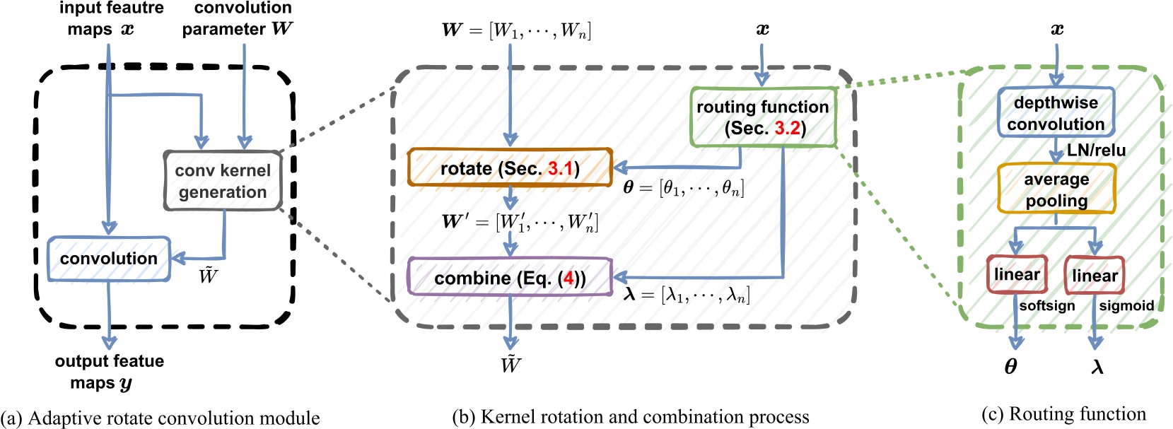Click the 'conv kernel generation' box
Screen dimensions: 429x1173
[x=223, y=181]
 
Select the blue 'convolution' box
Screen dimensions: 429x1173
[x=109, y=259]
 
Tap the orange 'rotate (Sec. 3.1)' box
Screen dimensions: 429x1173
[x=510, y=168]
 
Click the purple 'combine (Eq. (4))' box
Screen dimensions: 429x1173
[x=510, y=278]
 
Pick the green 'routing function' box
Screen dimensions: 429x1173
[x=763, y=117]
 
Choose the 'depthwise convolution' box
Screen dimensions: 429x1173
[x=1056, y=113]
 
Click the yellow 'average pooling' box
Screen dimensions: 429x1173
[x=1056, y=189]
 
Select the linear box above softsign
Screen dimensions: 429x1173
[x=1017, y=275]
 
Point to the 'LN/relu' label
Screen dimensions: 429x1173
[x=1096, y=151]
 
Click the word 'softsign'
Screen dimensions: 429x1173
[x=1047, y=306]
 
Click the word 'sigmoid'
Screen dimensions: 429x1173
[x=1126, y=306]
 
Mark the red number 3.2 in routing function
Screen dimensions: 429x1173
[x=787, y=129]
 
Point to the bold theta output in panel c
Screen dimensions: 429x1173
[x=1011, y=367]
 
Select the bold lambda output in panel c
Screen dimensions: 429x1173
[x=1097, y=367]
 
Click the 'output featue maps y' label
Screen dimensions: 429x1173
[x=109, y=372]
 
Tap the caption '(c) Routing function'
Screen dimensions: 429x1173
[x=1063, y=414]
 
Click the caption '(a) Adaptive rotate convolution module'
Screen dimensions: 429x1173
[x=161, y=418]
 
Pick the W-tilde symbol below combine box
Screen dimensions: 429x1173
[x=510, y=365]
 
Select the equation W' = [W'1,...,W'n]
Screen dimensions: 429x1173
[x=520, y=222]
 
